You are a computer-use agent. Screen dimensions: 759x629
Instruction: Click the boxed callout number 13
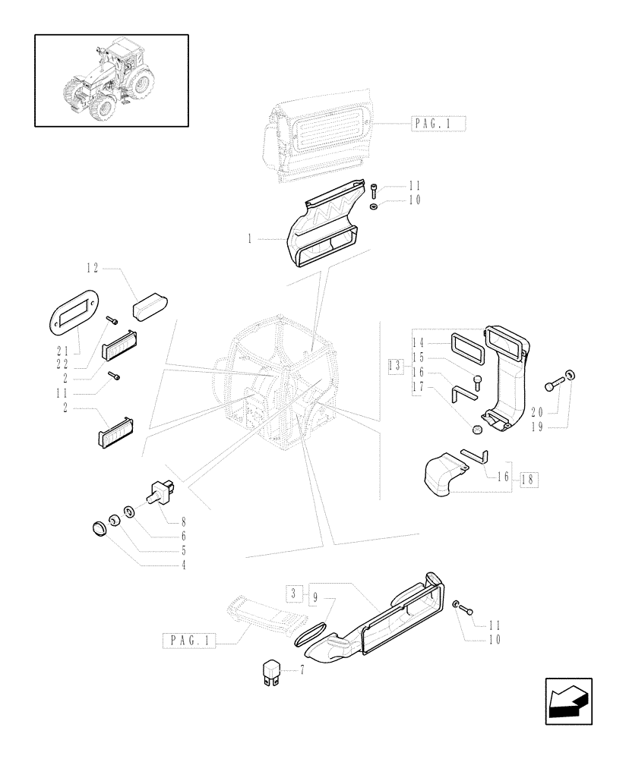point(394,365)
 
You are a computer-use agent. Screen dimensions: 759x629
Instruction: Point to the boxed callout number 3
point(293,593)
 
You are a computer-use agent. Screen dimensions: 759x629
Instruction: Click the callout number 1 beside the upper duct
point(248,238)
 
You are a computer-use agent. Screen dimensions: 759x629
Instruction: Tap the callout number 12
point(93,267)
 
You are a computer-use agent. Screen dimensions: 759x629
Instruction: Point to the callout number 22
point(63,364)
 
